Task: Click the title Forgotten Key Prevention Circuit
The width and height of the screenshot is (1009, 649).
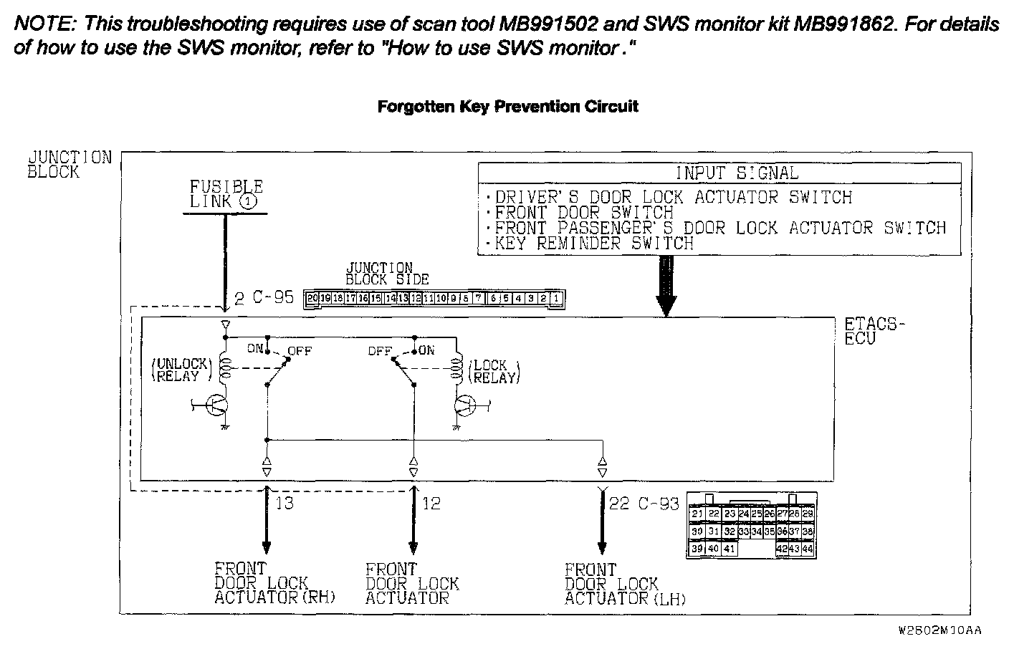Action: coord(507,107)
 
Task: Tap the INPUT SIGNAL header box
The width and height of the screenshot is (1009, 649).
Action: coord(719,173)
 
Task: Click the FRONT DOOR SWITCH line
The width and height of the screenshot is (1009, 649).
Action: coord(583,213)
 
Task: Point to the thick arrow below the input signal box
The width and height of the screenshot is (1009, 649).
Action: coord(666,287)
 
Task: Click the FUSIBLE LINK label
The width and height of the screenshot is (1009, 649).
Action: coord(226,194)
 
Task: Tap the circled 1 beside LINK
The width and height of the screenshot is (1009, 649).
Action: coord(247,202)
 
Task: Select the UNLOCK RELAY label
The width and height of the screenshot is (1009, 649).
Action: coord(181,370)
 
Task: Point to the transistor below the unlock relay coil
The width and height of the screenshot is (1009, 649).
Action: coord(216,405)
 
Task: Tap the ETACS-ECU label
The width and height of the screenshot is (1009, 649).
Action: coord(871,331)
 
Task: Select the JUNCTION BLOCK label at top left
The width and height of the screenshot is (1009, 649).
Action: coord(69,164)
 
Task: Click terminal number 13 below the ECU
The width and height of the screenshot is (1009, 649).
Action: coord(284,504)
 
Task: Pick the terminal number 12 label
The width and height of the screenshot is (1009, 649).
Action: coord(431,504)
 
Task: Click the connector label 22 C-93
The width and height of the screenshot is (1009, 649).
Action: coord(643,504)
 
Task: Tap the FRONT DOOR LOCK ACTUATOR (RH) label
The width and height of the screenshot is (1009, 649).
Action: coord(274,583)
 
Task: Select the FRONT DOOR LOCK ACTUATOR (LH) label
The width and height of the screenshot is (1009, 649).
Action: coord(624,585)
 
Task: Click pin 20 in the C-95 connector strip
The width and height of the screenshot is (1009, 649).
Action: coord(312,298)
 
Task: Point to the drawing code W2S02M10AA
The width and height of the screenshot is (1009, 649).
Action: coord(939,631)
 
